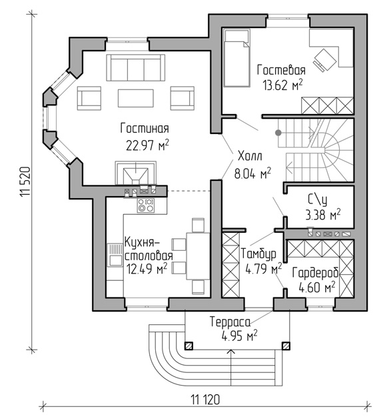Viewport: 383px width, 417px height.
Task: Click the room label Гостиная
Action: tap(145, 128)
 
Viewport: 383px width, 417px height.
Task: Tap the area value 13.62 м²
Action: tap(282, 85)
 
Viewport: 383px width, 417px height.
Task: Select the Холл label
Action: tap(250, 156)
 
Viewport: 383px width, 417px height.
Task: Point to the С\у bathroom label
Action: tap(317, 201)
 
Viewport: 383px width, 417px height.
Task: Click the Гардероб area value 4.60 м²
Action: tap(316, 287)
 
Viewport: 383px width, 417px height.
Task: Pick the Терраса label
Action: tap(230, 322)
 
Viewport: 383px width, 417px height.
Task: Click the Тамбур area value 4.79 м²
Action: tap(264, 270)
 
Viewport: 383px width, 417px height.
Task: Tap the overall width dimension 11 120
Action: tap(205, 399)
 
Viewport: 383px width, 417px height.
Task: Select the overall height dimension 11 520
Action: tap(25, 182)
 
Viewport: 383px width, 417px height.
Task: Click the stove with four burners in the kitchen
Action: tap(145, 205)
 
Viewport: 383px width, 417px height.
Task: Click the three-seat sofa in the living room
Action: tap(136, 67)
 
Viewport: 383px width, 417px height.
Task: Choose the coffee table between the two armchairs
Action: tap(136, 98)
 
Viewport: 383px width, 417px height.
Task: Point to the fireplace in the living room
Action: tap(135, 173)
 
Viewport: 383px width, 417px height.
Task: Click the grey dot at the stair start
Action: tap(278, 133)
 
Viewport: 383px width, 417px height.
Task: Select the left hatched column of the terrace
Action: tap(189, 346)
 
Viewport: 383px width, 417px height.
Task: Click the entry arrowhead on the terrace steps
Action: tap(231, 352)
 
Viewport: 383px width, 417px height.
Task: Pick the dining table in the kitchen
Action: tap(198, 256)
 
